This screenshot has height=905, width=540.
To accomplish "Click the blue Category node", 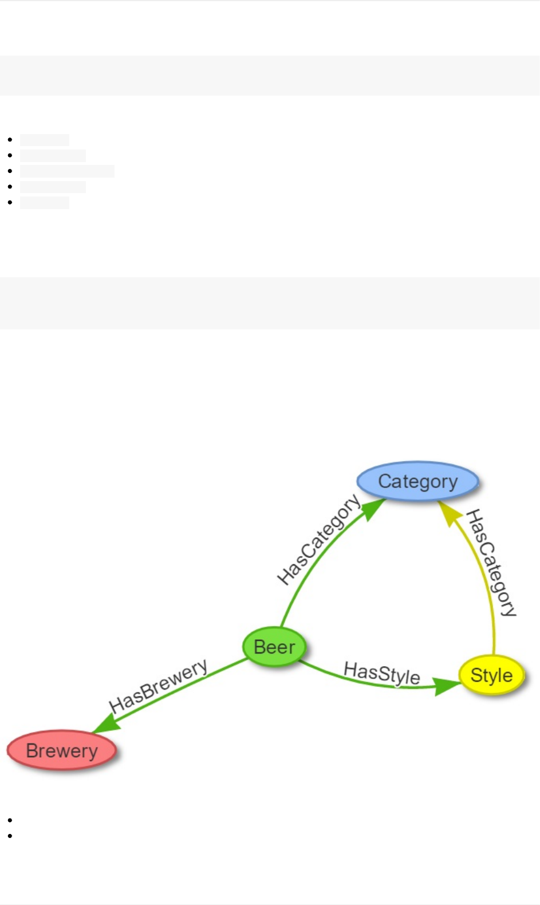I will [x=417, y=481].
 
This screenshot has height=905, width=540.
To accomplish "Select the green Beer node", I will [x=274, y=647].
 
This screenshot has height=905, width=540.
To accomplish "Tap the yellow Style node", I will [x=491, y=675].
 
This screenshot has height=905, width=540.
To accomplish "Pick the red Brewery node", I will [x=62, y=750].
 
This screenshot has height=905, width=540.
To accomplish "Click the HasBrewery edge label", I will [x=158, y=685].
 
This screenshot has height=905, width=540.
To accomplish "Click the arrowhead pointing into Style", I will [x=446, y=686].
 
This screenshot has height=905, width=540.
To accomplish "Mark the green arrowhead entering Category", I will [x=373, y=508].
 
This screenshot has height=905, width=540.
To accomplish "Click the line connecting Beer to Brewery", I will [x=189, y=686].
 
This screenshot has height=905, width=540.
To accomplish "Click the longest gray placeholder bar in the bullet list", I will [x=67, y=171].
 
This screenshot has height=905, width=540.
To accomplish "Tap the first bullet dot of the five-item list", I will [x=10, y=140].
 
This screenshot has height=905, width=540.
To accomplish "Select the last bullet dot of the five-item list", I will [x=10, y=203].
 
